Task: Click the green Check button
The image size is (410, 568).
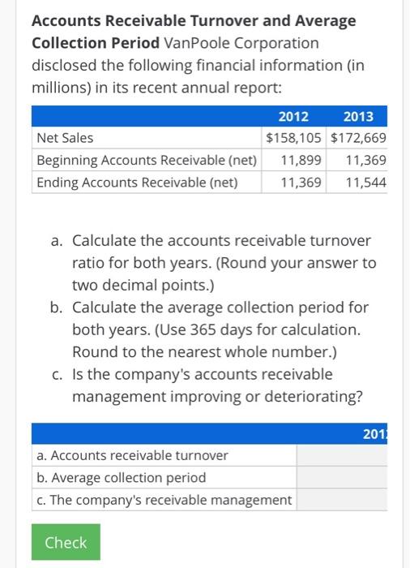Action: pos(66,542)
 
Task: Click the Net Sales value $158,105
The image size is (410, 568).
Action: pos(296,138)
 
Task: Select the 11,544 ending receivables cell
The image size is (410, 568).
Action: pos(365,183)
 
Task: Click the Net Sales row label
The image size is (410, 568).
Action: pos(66,138)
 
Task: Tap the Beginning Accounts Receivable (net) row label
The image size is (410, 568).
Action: pos(147,160)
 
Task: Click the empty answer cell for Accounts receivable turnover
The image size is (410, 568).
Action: pos(352,455)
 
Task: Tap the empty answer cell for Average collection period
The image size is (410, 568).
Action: pos(352,477)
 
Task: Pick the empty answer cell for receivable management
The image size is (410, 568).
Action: pos(352,500)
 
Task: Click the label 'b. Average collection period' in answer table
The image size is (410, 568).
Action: pos(122,477)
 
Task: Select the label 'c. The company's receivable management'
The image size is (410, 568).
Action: pos(164,500)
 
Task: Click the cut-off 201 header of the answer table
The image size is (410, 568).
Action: pos(398,435)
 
